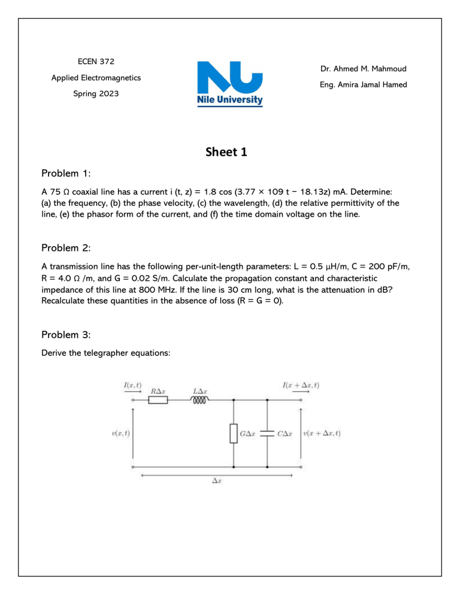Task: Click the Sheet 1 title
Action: [229, 153]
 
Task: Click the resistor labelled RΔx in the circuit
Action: [159, 400]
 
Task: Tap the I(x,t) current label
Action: [132, 384]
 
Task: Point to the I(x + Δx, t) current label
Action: [299, 384]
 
